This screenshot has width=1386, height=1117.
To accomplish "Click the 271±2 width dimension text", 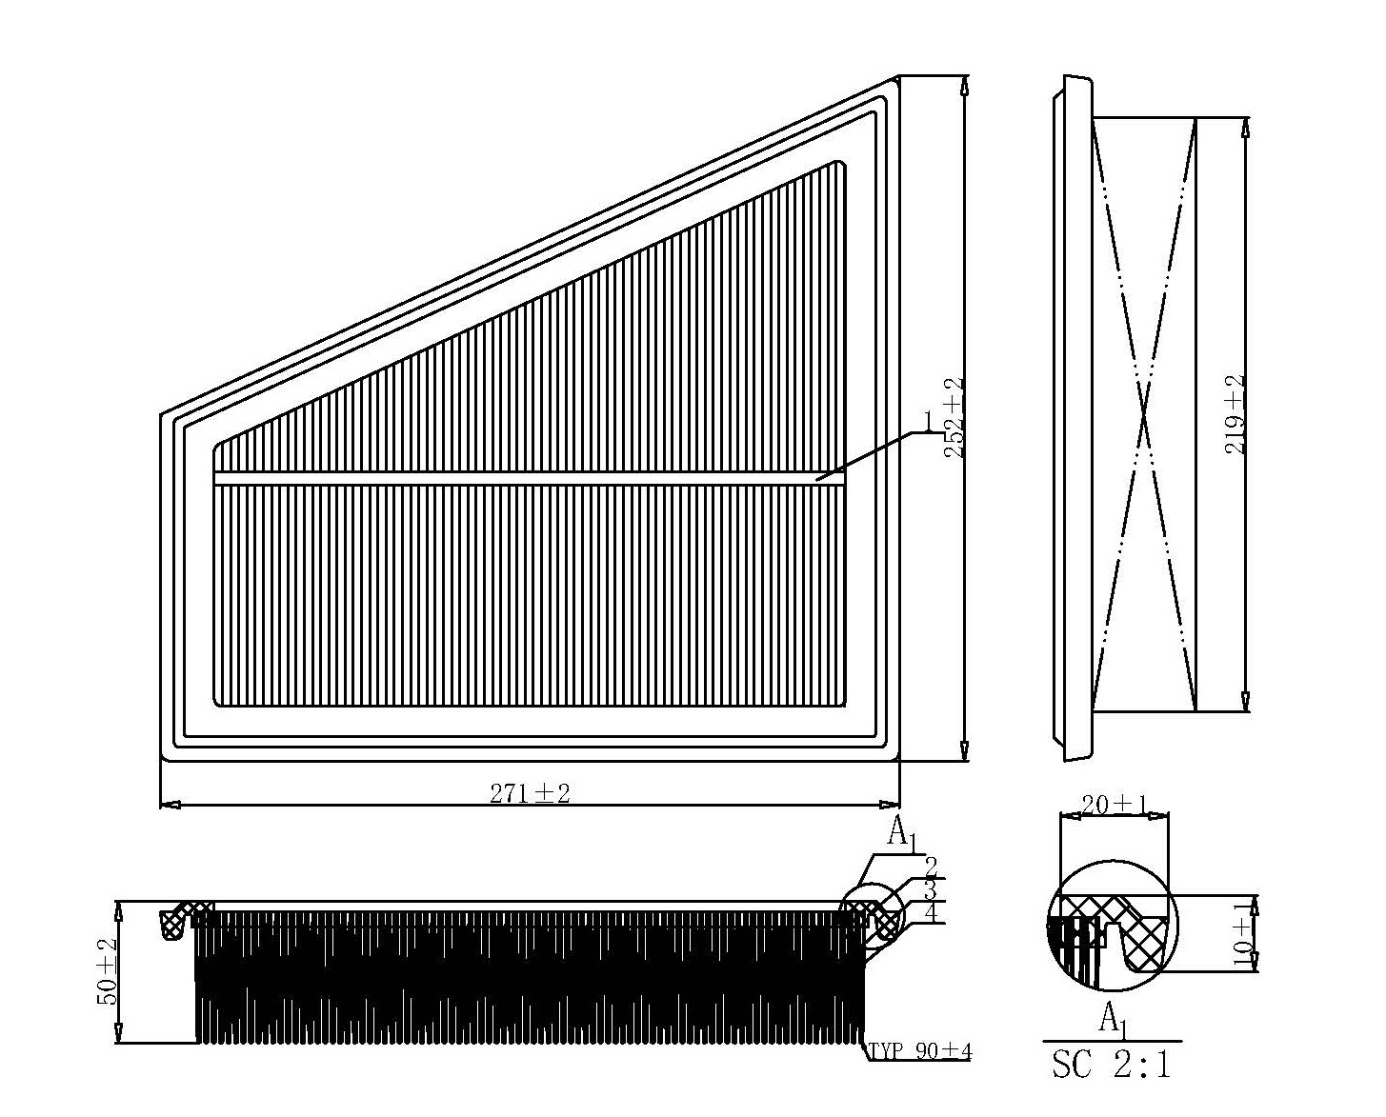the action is pos(530,794).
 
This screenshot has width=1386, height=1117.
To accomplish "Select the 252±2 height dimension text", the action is pos(954,417).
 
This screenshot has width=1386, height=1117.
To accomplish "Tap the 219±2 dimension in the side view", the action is pos(1235,414).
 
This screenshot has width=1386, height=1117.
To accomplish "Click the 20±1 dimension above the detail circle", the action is pos(1115,805).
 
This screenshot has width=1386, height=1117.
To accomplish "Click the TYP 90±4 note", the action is pos(919,1051).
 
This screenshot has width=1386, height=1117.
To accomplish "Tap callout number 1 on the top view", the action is pos(928,420).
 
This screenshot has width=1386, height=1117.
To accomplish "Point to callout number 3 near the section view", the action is pos(930,890).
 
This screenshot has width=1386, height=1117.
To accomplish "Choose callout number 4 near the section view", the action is pos(930,912).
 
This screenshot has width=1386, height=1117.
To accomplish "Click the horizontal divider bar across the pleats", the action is pos(529,478).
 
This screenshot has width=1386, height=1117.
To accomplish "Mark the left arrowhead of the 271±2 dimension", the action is pos(170,805).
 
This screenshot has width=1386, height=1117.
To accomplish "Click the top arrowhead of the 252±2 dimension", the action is pos(964,86).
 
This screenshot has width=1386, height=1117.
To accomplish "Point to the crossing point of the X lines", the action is pos(1144,414).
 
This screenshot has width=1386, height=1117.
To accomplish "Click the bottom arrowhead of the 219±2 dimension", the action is pos(1246,702).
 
